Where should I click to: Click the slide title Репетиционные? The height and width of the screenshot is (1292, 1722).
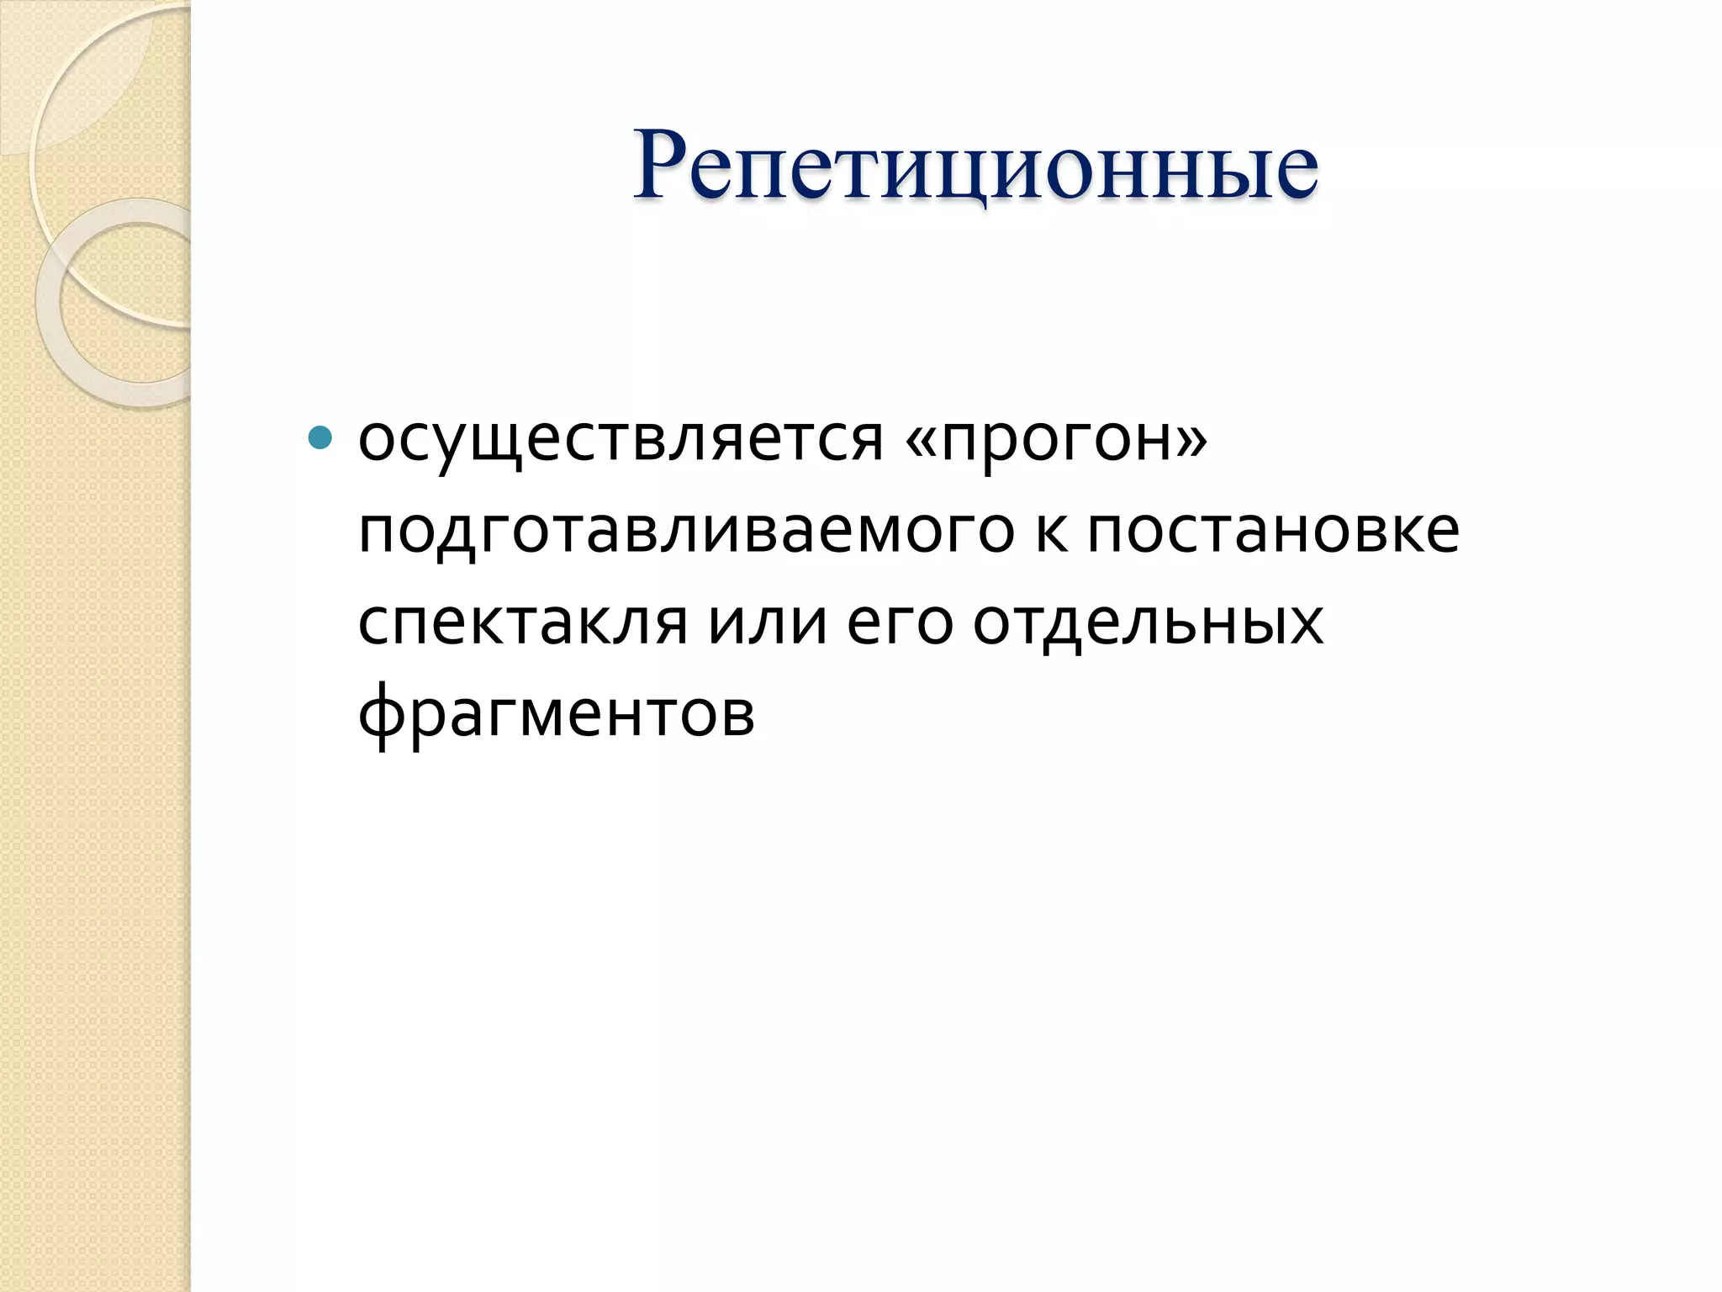coord(975,167)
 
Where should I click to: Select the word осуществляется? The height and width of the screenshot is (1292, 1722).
coord(621,441)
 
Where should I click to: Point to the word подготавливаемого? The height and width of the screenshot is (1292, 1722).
coord(686,533)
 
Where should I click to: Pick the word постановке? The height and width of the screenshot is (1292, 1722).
coord(1273,532)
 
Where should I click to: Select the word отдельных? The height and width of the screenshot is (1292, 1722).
coord(1148,624)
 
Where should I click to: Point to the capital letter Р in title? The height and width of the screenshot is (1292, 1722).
coord(665,165)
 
